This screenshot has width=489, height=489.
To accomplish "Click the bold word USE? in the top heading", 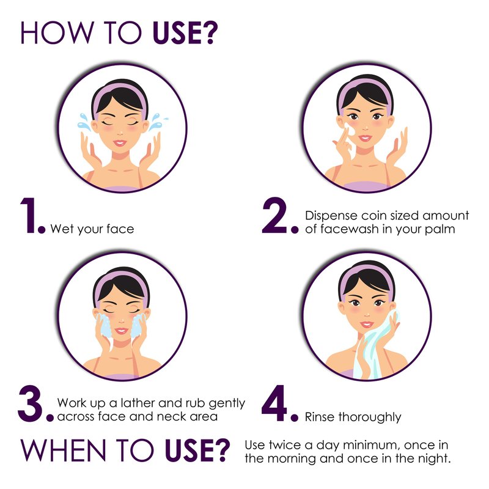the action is point(185,33).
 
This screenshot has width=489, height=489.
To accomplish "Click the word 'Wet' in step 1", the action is point(62,229).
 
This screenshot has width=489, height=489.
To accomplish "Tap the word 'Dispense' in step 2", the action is point(331,216).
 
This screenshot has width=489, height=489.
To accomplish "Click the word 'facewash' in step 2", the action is point(349,229).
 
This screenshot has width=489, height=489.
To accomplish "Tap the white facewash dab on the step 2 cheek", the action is point(350,129).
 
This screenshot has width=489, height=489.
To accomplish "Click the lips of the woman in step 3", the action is point(121,331).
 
